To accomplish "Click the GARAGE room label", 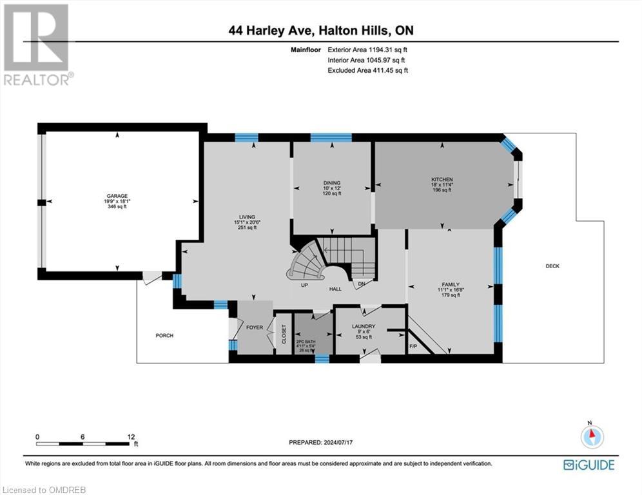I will [x=117, y=196].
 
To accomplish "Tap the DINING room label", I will [x=332, y=183].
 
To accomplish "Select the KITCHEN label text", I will [x=442, y=180].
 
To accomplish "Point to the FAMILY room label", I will [x=451, y=284].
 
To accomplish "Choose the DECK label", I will [x=552, y=266].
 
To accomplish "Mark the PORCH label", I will [x=164, y=336].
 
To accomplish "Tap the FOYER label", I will [x=255, y=327].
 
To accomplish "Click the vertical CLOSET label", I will [x=284, y=333].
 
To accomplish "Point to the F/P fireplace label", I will [x=414, y=347].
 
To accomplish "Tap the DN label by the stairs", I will [x=362, y=284].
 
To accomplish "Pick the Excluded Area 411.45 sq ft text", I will [x=368, y=70].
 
